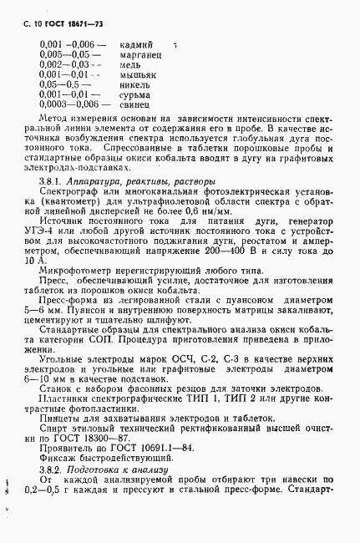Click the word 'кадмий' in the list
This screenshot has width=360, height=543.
[x=136, y=43]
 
